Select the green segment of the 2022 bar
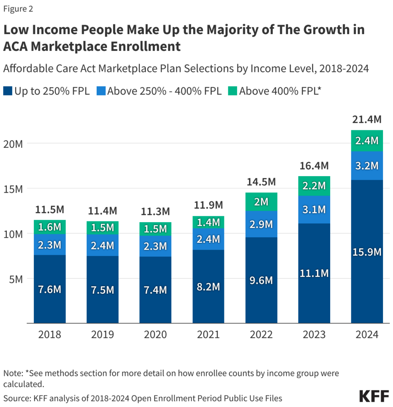pyautogui.click(x=261, y=202)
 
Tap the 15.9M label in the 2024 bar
pyautogui.click(x=367, y=252)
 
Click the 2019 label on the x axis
pyautogui.click(x=102, y=334)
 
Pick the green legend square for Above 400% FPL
pyautogui.click(x=232, y=91)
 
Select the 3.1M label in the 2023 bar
pyautogui.click(x=314, y=209)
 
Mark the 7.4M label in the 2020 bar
pyautogui.click(x=155, y=290)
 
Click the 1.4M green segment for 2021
pyautogui.click(x=208, y=222)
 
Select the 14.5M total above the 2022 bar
pyautogui.click(x=261, y=182)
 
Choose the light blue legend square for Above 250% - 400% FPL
pyautogui.click(x=101, y=91)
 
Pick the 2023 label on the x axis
pyautogui.click(x=314, y=334)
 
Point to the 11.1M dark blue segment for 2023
pyautogui.click(x=314, y=273)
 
